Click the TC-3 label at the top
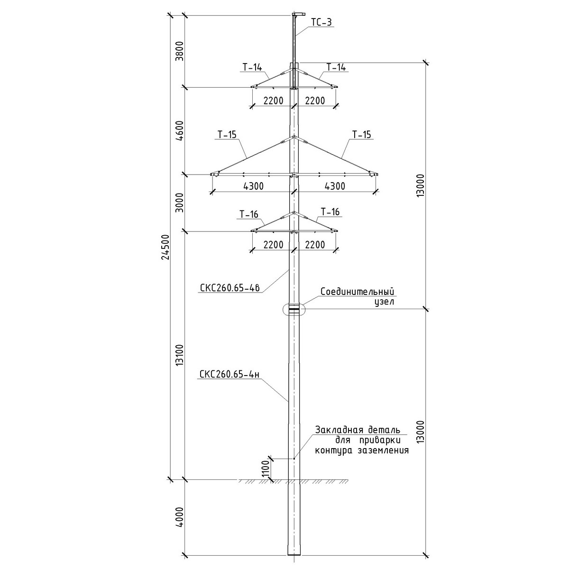tap(321, 22)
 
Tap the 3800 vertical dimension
tap(179, 51)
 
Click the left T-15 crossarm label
tap(227, 135)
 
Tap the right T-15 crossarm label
tap(361, 135)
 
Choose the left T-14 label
tap(252, 67)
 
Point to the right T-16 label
tap(330, 211)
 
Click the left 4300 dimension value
tap(253, 186)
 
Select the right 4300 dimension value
tap(335, 186)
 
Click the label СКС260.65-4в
tap(229, 288)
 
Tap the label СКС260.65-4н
tap(229, 375)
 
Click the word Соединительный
tap(358, 292)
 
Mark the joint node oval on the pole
tap(294, 310)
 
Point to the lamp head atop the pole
tap(298, 14)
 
